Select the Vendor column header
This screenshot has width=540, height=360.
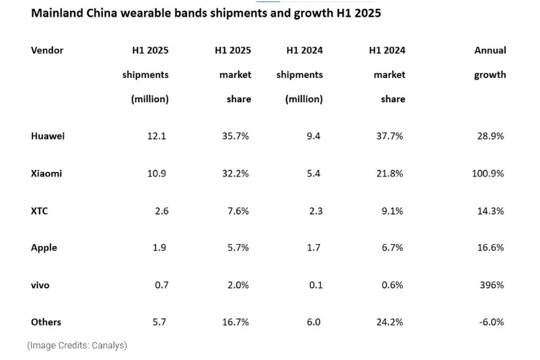pos(47,51)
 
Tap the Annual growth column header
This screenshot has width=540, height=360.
pos(489,63)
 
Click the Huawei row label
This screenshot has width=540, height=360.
pos(48,136)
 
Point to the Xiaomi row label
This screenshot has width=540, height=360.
pos(47,174)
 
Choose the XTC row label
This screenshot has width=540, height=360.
pos(39,211)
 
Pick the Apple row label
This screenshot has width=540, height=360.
pos(44,248)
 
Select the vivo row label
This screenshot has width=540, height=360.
pos(40,285)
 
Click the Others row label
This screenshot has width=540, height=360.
pos(45,322)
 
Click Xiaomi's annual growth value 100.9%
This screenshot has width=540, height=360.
pos(488,174)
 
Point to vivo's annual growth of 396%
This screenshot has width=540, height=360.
pos(491,285)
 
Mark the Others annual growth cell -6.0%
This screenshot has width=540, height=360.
pos(490,322)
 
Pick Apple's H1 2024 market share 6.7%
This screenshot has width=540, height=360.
pos(391,248)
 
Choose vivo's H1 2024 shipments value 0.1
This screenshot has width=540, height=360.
pos(315,285)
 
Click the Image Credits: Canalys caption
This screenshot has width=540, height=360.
pos(77,345)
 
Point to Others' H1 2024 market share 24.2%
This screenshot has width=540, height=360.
pos(389,322)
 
